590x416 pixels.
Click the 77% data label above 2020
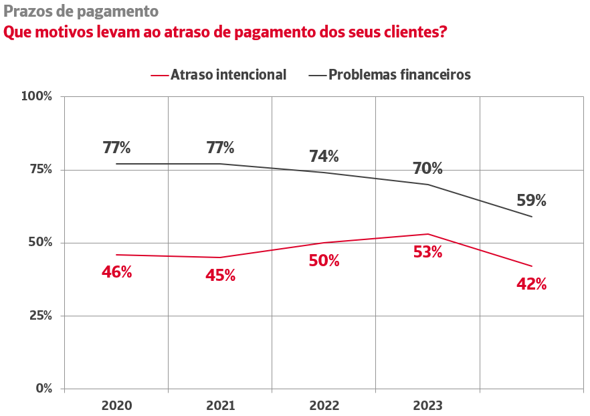pos(116,148)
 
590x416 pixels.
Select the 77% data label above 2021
pos(220,148)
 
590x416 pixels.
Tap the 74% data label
pos(324,157)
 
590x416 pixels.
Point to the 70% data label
pos(427,168)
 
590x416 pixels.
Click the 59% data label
pos(531,201)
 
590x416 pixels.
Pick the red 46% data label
pos(116,272)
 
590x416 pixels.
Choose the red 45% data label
pos(220,275)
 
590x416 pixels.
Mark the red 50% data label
pos(324,261)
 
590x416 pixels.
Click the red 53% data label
pos(427,252)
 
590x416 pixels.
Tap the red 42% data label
pos(531,284)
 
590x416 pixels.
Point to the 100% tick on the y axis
pos(37,96)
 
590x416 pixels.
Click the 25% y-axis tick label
pos(39,316)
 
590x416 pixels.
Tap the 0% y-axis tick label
pos(43,389)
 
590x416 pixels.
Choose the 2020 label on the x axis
pos(116,406)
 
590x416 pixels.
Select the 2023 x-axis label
pos(427,406)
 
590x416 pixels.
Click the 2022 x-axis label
pos(324,406)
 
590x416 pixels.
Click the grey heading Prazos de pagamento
pos(81,11)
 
